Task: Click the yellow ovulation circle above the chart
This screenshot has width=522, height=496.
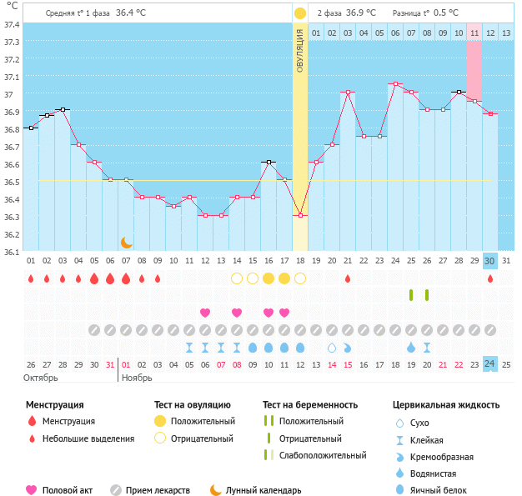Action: point(300,13)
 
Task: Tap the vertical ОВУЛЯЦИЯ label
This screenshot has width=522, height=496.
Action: point(300,50)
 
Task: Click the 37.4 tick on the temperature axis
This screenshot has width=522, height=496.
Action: point(12,24)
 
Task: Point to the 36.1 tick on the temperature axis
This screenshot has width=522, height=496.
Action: point(12,252)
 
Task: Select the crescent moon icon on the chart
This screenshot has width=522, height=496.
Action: point(126,242)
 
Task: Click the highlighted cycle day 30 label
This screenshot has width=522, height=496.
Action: point(490,261)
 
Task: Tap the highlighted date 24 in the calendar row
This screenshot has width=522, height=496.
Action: point(490,364)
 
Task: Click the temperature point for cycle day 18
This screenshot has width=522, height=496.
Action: point(300,215)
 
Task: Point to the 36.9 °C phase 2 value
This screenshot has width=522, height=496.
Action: point(361,13)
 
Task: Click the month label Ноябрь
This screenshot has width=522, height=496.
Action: point(138,378)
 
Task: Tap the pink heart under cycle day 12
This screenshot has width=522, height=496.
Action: point(205,313)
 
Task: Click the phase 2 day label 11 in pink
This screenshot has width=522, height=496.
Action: point(474,33)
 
